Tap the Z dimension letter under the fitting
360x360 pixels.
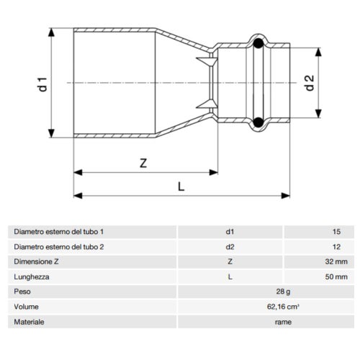(x=143, y=163)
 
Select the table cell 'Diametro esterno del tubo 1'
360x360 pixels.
(x=58, y=232)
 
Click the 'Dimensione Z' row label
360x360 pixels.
(x=35, y=262)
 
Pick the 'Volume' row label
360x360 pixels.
(x=25, y=307)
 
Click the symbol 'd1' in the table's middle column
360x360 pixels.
(x=230, y=232)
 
